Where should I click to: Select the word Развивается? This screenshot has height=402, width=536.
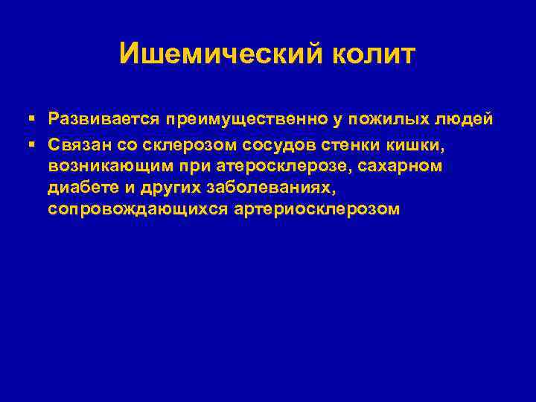click(x=105, y=119)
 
